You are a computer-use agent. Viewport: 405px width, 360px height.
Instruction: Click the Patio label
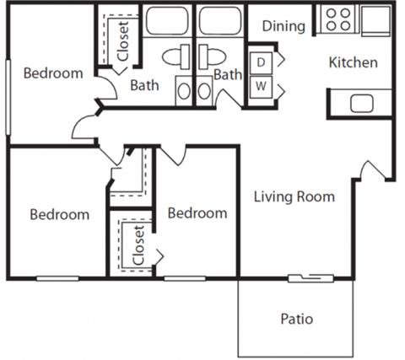pos(296,320)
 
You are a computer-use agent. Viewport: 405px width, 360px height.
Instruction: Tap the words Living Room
pos(294,197)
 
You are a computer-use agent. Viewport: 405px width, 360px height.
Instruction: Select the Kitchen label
pos(353,62)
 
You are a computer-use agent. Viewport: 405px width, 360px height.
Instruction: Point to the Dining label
pos(283,26)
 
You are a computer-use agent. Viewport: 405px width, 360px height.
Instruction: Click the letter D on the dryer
pos(261,62)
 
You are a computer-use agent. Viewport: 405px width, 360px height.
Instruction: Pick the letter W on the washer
pos(261,86)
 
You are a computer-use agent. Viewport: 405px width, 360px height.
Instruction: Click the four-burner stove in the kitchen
pos(337,19)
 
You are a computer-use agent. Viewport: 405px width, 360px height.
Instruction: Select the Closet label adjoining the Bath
pos(123,40)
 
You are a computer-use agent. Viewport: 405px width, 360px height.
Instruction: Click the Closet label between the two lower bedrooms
pos(138,244)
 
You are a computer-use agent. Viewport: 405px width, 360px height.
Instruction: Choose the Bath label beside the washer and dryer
pos(228,76)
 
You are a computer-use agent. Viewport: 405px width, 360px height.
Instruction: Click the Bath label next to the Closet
pos(144,84)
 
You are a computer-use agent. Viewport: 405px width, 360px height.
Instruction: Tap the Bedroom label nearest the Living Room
pos(197,213)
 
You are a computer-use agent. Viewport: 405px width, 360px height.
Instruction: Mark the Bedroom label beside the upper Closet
pos(52,73)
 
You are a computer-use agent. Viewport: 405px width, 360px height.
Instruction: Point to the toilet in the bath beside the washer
pos(211,56)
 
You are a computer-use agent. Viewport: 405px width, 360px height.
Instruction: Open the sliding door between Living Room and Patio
pos(306,277)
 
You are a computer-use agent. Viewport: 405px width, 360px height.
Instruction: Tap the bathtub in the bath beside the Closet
pos(166,21)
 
